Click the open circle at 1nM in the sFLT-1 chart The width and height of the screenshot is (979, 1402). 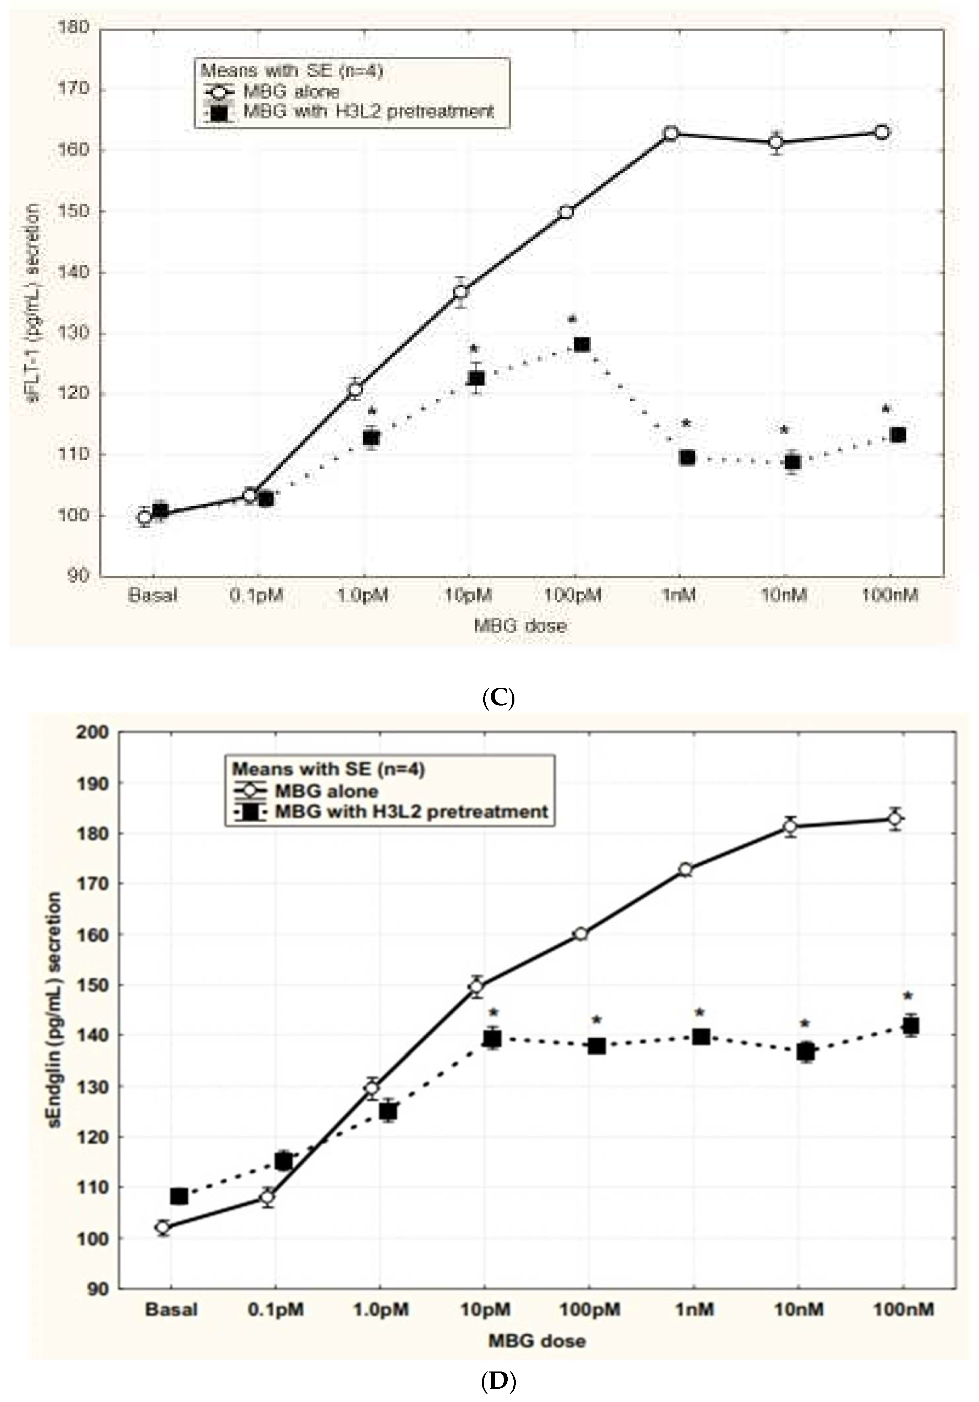click(x=670, y=133)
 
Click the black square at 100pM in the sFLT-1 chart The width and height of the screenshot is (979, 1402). click(x=582, y=344)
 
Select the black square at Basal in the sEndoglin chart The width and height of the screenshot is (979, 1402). click(x=179, y=1196)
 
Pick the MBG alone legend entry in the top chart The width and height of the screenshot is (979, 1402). click(x=291, y=92)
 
